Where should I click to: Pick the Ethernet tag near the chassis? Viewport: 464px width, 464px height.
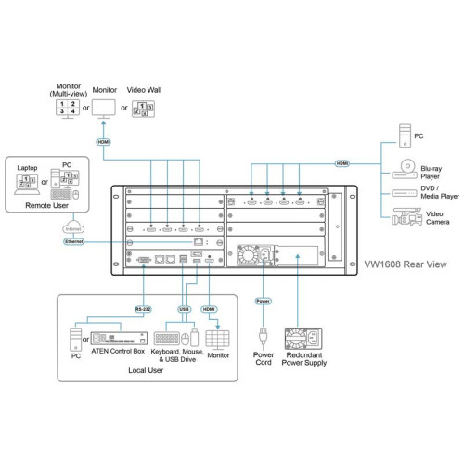click(x=74, y=241)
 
